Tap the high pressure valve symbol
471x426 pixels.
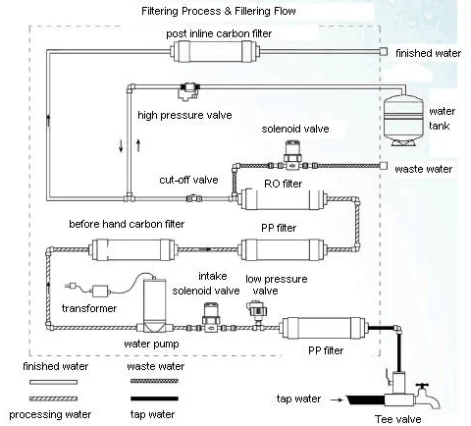(x=188, y=90)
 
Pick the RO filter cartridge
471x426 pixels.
(x=282, y=199)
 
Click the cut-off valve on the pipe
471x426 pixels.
(x=193, y=198)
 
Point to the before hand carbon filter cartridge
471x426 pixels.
(x=132, y=249)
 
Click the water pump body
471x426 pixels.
(x=155, y=305)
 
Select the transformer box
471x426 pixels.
(x=100, y=291)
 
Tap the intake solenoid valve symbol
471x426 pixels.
(x=211, y=318)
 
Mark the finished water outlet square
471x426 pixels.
(x=383, y=52)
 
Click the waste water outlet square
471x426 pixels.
(x=383, y=166)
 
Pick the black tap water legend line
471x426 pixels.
(x=154, y=399)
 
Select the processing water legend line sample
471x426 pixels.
(x=54, y=399)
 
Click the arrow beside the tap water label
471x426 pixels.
(x=336, y=399)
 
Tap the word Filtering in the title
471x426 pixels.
(x=160, y=11)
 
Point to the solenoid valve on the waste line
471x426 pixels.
(x=292, y=156)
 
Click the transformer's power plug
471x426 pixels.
(x=72, y=286)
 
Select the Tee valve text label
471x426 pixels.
(x=398, y=419)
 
